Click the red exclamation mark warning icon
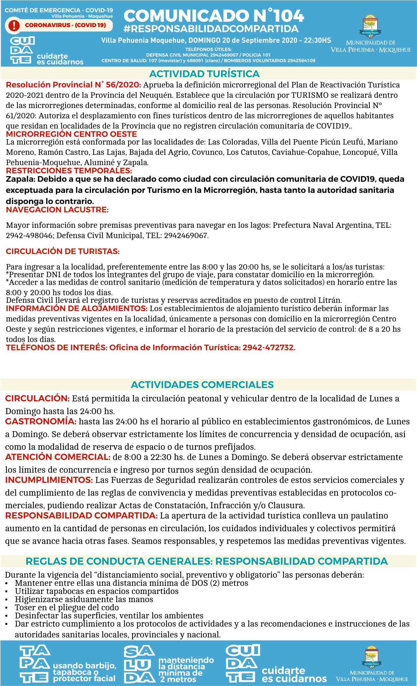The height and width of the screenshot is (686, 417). (x=14, y=25)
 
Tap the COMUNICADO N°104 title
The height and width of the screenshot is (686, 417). (x=214, y=16)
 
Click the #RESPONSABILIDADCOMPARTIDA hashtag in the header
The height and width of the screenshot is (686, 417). (x=211, y=29)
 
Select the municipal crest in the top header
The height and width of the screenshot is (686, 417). (x=370, y=26)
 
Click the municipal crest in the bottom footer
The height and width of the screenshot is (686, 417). (x=372, y=657)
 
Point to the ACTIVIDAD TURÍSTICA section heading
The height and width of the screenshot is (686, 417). (x=204, y=74)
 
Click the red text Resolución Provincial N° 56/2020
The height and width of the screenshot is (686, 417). (x=73, y=85)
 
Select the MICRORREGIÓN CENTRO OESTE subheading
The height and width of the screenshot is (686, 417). (x=72, y=134)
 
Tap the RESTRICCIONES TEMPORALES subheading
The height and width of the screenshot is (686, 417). (x=69, y=171)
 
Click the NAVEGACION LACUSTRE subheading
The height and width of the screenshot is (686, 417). (x=57, y=210)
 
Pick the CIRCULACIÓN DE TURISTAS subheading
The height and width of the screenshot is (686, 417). (x=62, y=251)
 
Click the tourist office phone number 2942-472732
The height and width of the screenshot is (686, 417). (x=268, y=348)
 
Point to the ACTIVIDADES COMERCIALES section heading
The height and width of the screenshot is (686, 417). (x=202, y=385)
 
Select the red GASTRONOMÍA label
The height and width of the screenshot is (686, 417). (x=41, y=421)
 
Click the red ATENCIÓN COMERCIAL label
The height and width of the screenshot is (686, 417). (x=58, y=457)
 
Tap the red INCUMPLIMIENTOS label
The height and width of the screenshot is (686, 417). (x=49, y=480)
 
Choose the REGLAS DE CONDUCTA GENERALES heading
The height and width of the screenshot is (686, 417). (x=207, y=561)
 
